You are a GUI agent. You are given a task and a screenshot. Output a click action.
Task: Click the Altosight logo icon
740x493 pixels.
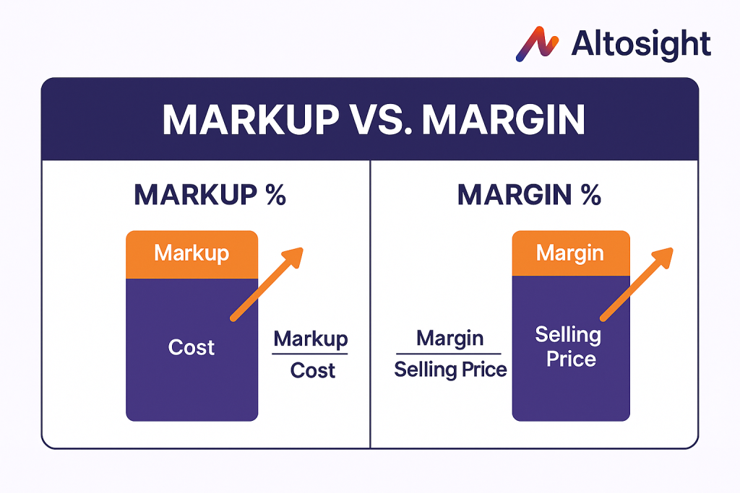(x=537, y=44)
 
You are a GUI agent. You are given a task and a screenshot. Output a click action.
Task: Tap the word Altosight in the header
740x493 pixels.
(x=641, y=45)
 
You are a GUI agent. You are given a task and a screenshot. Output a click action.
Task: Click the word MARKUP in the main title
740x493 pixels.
(x=251, y=120)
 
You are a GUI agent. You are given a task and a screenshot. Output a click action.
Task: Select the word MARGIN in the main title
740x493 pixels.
(x=503, y=120)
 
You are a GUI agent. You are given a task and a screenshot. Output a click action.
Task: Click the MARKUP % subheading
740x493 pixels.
(x=210, y=194)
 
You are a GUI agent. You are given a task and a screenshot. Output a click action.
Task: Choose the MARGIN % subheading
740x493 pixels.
(x=529, y=194)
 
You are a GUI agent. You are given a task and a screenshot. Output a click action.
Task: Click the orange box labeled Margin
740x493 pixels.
(x=571, y=253)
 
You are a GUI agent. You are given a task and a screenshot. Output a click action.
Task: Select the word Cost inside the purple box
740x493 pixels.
(x=192, y=347)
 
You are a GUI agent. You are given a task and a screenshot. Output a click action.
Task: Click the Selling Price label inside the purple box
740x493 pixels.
(x=569, y=346)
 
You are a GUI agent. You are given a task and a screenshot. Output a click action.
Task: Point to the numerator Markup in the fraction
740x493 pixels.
(x=311, y=339)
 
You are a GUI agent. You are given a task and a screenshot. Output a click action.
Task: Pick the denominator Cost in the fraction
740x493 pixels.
(x=312, y=370)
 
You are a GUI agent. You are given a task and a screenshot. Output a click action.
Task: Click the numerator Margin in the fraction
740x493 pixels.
(x=449, y=339)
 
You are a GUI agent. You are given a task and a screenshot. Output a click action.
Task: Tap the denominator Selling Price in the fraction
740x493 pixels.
(x=450, y=370)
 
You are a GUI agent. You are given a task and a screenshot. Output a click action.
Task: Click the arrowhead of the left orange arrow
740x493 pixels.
(x=292, y=258)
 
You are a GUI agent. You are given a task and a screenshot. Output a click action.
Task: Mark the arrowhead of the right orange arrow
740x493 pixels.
(x=663, y=258)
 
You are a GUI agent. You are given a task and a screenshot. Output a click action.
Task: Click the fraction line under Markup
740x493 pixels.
(x=309, y=354)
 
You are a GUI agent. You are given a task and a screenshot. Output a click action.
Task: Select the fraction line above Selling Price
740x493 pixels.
(x=448, y=354)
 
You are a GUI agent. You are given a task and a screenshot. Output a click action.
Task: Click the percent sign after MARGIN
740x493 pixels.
(x=591, y=194)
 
